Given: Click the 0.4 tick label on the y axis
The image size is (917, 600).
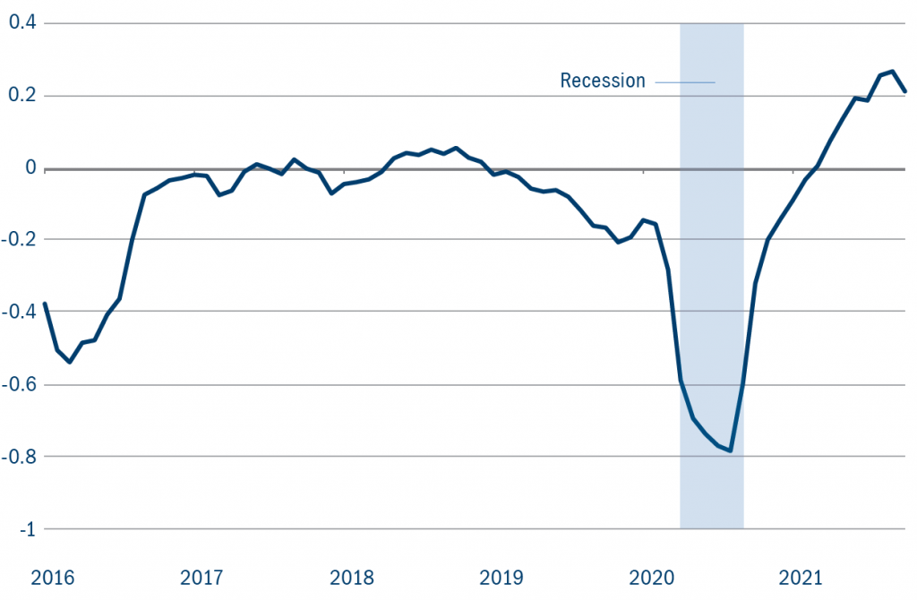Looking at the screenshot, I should coord(21,22).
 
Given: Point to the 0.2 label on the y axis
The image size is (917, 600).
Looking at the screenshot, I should coord(21,95).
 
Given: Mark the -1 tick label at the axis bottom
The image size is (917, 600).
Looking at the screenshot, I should coord(26,528).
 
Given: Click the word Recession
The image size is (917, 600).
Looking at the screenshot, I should coord(603,81).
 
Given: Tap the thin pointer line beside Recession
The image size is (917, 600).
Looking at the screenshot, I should coord(685,82).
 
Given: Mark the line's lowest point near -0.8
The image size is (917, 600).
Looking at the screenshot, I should coord(731,450).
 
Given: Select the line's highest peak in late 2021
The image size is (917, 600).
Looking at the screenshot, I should coord(892,72).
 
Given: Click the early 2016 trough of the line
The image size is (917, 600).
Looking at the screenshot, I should coord(70,362).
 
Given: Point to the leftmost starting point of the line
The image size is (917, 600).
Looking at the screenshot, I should coord(45,304).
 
